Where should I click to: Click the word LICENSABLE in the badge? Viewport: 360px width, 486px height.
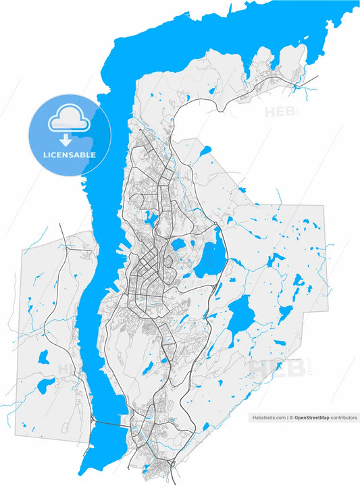[70, 155]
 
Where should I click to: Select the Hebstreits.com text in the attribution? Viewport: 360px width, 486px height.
[267, 418]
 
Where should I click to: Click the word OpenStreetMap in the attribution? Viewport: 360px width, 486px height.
[311, 418]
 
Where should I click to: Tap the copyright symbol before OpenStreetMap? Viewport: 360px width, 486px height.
[291, 418]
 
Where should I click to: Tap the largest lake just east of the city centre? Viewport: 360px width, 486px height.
[211, 259]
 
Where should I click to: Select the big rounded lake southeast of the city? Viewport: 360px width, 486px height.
[240, 312]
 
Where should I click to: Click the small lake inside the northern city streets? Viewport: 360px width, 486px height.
[150, 219]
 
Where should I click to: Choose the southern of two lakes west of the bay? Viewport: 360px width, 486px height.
[46, 385]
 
